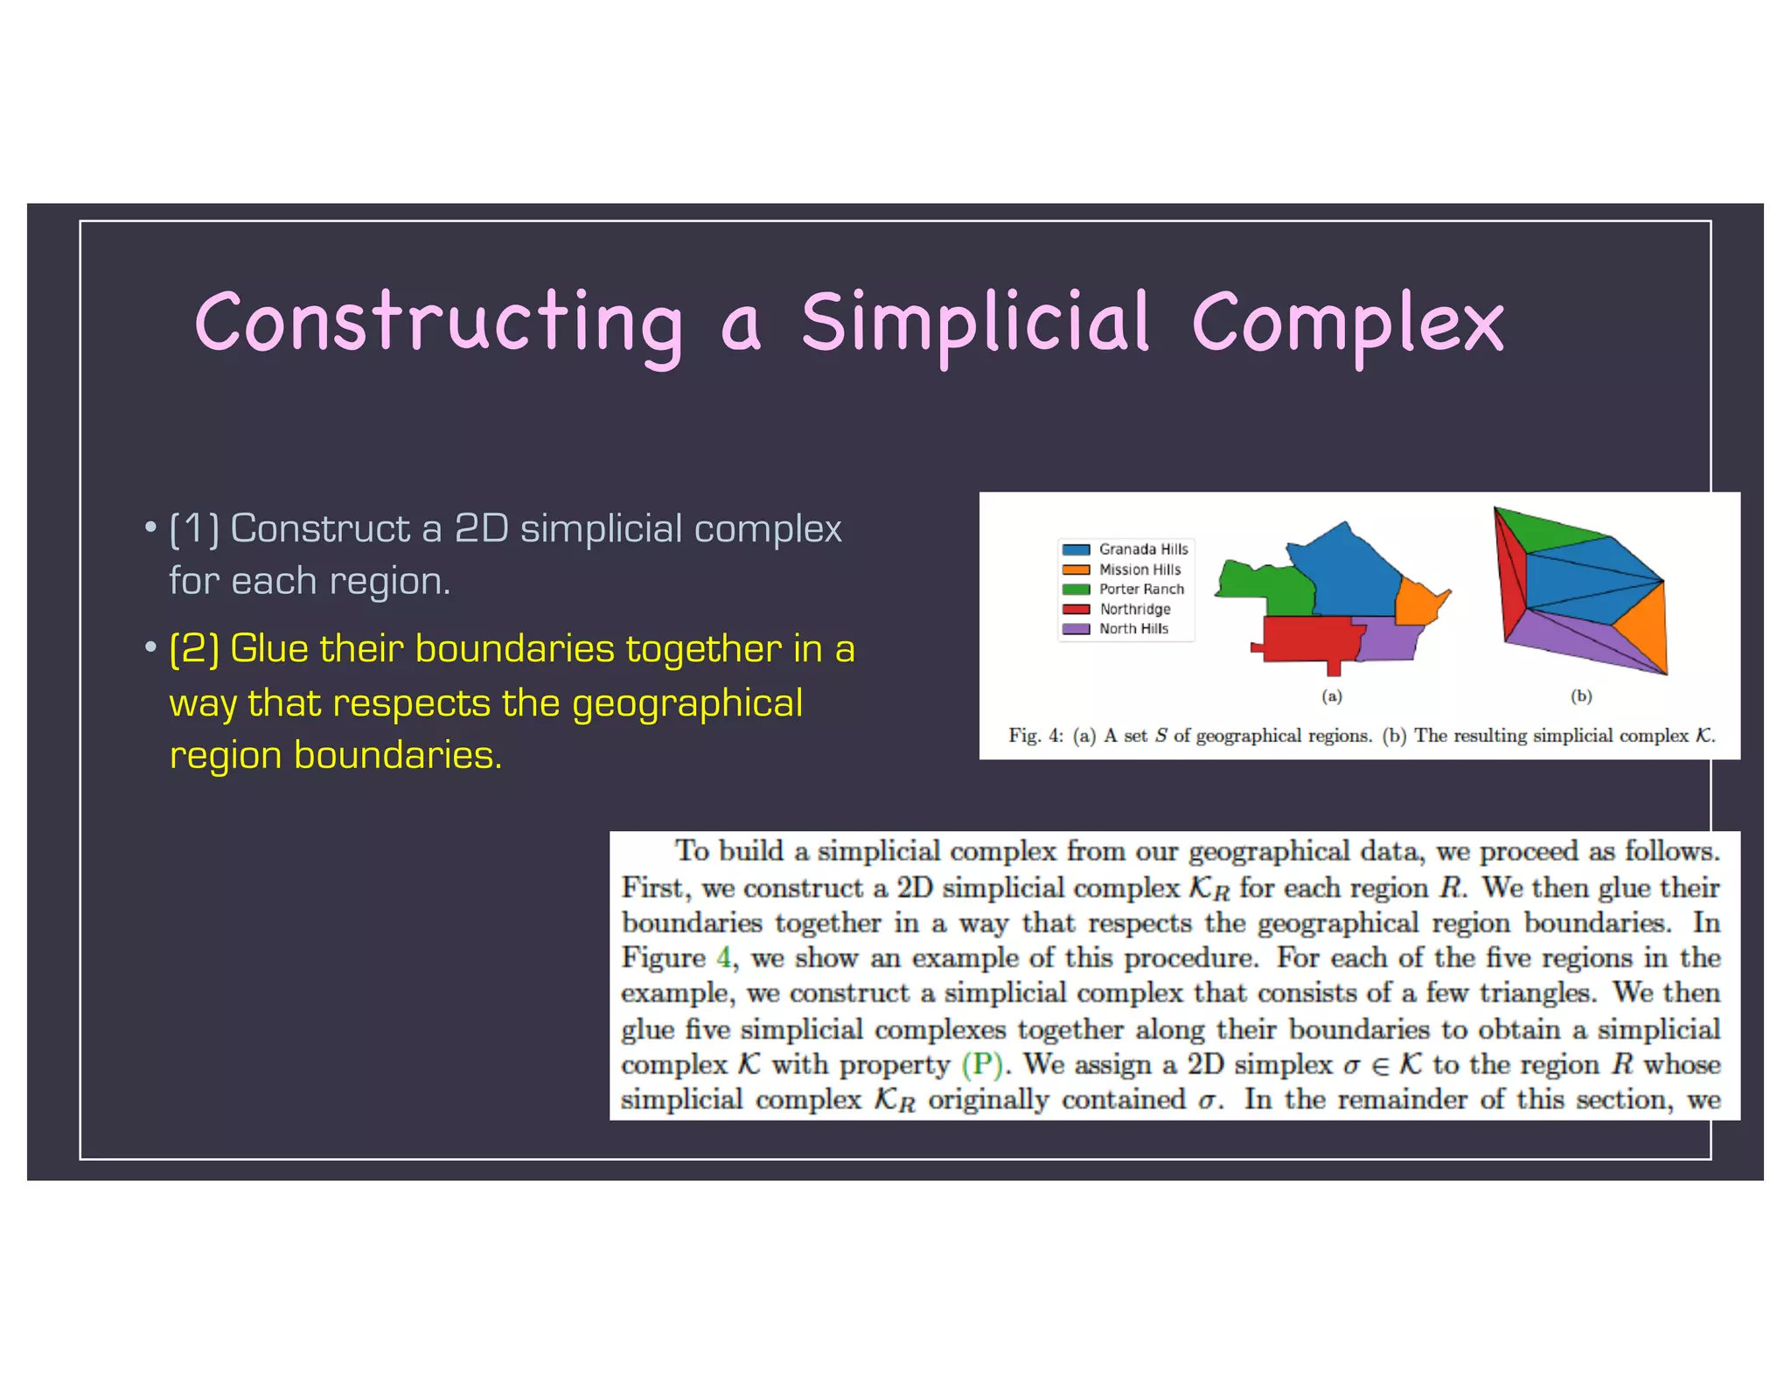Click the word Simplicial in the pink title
click(x=974, y=324)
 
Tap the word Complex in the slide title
click(x=1348, y=324)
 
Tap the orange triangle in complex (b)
click(x=1644, y=630)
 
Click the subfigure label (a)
click(x=1331, y=696)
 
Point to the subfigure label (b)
click(x=1581, y=696)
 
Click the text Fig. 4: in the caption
click(x=1036, y=736)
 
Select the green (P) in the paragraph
click(x=981, y=1065)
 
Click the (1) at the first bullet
click(x=194, y=528)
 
